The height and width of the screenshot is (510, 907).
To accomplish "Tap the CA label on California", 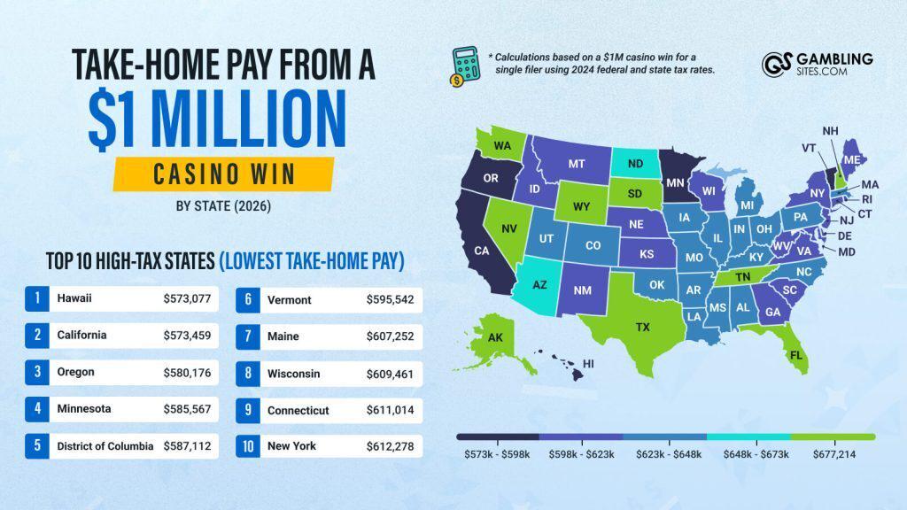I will [x=482, y=251].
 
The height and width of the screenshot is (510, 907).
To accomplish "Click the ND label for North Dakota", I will [x=636, y=164].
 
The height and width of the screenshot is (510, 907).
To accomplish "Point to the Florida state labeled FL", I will [x=796, y=355].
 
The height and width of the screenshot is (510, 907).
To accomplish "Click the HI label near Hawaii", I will [x=588, y=363].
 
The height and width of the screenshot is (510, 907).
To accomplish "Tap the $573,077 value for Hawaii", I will [x=187, y=298].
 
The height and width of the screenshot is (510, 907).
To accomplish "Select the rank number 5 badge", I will [x=36, y=446].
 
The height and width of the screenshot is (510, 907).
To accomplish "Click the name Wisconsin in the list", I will [x=293, y=374].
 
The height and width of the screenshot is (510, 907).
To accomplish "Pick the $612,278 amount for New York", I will [x=390, y=446].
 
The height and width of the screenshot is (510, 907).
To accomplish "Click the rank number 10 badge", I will [x=247, y=446].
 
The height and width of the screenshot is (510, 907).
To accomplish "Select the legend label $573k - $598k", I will [x=497, y=453].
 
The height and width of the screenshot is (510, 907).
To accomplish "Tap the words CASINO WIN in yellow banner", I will [x=223, y=174].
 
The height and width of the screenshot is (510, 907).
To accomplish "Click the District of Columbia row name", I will [x=105, y=446].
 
